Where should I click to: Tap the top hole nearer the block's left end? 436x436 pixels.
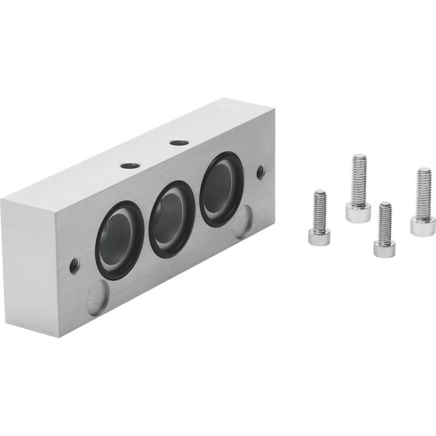[x=130, y=166]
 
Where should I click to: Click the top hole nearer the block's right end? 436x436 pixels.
[x=179, y=143]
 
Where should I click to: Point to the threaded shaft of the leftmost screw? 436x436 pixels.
[x=319, y=207]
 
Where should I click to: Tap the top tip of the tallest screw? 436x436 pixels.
[x=359, y=156]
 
